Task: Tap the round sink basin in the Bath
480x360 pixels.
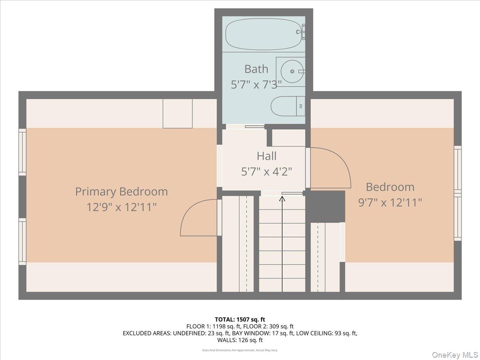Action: (x=292, y=71)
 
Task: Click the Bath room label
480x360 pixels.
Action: (x=256, y=69)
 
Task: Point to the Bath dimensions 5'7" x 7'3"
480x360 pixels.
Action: (x=256, y=84)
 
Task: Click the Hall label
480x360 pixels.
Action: (x=266, y=156)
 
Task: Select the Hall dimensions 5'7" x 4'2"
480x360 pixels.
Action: (x=266, y=172)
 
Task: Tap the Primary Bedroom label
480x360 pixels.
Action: (x=121, y=192)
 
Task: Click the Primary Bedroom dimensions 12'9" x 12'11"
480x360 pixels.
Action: (x=121, y=207)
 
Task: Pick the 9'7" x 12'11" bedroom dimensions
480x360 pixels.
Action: (x=390, y=202)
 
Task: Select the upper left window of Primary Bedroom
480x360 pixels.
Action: (x=22, y=152)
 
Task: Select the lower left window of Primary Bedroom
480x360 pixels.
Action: (x=22, y=241)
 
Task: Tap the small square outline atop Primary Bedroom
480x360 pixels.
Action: (x=177, y=113)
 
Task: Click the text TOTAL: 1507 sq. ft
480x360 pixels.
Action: (x=240, y=319)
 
